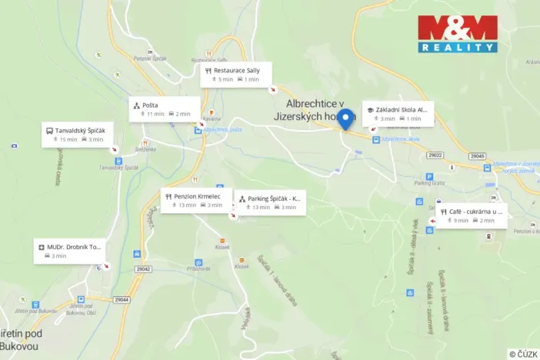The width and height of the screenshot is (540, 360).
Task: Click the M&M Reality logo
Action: [458, 34]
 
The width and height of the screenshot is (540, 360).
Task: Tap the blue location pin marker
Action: [346, 119]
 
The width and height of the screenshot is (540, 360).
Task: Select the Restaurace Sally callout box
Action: [236, 74]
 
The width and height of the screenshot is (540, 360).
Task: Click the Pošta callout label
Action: [164, 109]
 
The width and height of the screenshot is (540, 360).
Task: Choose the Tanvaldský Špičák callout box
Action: [75, 135]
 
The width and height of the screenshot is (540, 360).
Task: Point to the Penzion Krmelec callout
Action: [196, 200]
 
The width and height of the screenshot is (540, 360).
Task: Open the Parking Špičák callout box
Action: [270, 202]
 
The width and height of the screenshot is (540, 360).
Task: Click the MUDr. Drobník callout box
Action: [68, 251]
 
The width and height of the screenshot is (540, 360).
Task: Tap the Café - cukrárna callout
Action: [472, 215]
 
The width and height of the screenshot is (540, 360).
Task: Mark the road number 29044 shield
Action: [122, 299]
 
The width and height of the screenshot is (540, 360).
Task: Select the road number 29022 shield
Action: [436, 155]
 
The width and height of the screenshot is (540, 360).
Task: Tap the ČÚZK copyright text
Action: [523, 354]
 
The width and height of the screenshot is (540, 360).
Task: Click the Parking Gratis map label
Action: [429, 183]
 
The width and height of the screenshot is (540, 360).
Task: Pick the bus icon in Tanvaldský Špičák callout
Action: [49, 131]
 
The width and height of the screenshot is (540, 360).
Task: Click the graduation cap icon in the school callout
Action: [370, 110]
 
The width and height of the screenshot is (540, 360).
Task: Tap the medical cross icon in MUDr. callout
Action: [41, 248]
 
